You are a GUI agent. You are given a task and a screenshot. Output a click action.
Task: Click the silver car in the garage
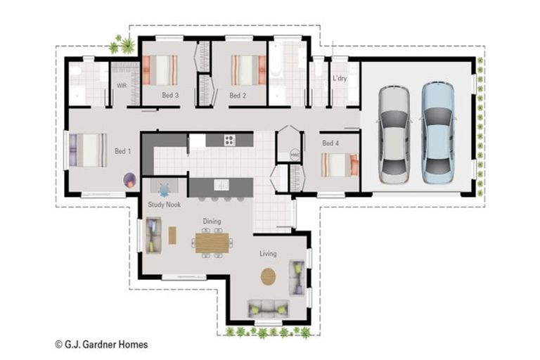pos(394,135)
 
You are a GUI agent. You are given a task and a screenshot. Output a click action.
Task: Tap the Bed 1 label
pos(122,151)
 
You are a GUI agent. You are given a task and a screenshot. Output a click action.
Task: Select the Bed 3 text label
pos(170,95)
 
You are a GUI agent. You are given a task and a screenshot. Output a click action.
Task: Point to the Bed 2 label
pos(238,95)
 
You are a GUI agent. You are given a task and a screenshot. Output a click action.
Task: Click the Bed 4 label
pos(330,143)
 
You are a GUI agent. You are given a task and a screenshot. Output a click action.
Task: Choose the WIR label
pos(121,85)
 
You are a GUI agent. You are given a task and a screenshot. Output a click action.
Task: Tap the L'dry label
pos(340,79)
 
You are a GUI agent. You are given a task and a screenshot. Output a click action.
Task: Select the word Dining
pos(212,221)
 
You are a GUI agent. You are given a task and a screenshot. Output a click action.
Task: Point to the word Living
pos(268,253)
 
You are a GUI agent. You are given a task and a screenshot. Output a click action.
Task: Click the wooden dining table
pos(212,243)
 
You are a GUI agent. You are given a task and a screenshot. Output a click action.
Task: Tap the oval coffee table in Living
pos(269,276)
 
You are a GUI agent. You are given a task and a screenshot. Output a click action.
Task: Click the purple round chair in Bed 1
pos(130,180)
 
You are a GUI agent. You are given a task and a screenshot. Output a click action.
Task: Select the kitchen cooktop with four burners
pos(229,139)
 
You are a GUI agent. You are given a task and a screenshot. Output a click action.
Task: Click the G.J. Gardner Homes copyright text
pos(101,345)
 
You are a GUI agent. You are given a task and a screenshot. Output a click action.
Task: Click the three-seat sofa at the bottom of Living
pos(268,308)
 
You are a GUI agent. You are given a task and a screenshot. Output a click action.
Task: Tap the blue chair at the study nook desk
pos(165,190)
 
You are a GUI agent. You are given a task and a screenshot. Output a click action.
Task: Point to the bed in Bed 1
pos(87,150)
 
